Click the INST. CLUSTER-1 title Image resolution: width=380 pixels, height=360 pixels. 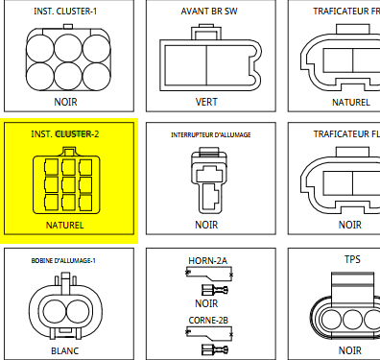pos(65,12)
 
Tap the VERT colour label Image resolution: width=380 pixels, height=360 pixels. pos(206,102)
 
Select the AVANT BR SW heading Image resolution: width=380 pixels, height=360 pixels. pos(209,12)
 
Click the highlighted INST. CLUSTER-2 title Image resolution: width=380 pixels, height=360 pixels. pos(65,133)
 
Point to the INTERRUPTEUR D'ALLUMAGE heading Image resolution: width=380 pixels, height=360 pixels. pos(211,135)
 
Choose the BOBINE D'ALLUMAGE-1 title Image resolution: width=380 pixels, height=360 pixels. pos(63,261)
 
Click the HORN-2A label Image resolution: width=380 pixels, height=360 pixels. pos(207,261)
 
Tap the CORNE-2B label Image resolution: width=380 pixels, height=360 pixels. pos(208,321)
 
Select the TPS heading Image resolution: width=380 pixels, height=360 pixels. pos(352,259)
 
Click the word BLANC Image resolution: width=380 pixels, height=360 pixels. pos(65,351)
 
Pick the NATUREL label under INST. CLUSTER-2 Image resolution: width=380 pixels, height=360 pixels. pos(65,226)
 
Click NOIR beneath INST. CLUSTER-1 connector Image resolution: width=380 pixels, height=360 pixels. pos(65,102)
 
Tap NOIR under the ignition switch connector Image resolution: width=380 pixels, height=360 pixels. pos(206,225)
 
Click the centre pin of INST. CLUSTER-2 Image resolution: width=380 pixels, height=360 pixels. pos(68,184)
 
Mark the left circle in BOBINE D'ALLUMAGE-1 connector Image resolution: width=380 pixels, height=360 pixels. pos(55,312)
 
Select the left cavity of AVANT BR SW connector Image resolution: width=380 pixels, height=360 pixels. pos(186,65)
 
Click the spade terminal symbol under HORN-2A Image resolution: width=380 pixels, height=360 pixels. pos(215,290)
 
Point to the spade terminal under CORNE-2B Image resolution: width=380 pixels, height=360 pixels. pos(215,349)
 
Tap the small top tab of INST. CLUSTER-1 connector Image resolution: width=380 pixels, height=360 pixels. pos(68,26)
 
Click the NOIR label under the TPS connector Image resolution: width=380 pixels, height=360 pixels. pos(350,350)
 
